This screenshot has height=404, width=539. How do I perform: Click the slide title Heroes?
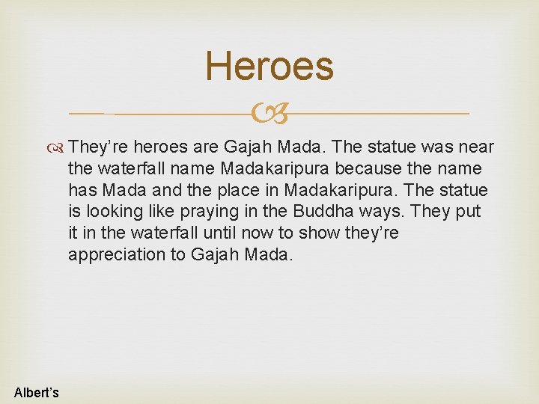pos(269,66)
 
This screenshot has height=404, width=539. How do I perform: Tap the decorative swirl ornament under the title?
pos(269,114)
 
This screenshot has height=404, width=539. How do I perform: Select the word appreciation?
pos(118,254)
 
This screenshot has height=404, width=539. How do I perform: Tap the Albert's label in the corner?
pos(37,392)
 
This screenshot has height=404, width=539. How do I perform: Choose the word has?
pos(83,190)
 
